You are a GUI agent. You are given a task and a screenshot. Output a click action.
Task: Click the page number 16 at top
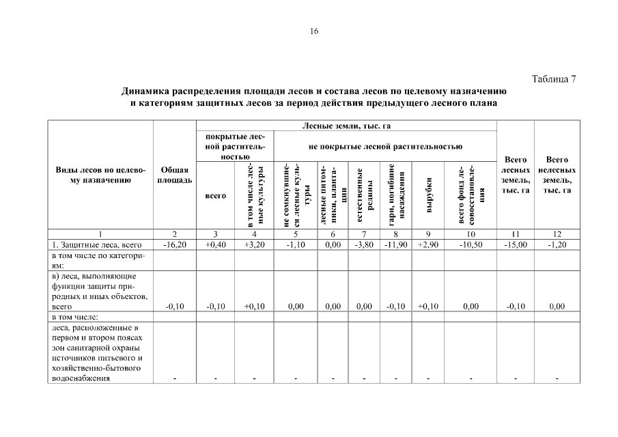[314, 31]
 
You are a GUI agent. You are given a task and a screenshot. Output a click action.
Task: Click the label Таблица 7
[554, 79]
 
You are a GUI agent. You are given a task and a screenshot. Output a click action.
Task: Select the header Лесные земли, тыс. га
[346, 126]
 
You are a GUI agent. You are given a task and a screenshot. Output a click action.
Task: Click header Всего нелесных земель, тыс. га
[557, 174]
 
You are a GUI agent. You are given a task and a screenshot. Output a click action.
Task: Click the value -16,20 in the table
[174, 244]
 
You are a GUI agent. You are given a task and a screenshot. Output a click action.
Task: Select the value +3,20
[254, 244]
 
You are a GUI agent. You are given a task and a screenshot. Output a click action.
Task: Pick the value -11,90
[395, 244]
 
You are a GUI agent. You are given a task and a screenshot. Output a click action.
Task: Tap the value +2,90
[427, 244]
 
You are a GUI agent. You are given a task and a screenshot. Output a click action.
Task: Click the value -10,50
[470, 244]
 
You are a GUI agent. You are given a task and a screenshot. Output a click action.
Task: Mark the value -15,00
[516, 244]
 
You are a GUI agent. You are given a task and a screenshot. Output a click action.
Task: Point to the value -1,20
[557, 244]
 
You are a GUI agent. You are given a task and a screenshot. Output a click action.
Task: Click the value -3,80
[364, 244]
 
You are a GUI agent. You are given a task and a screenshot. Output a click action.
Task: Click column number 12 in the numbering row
[557, 234]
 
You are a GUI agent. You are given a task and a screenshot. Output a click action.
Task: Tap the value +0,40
[215, 244]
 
